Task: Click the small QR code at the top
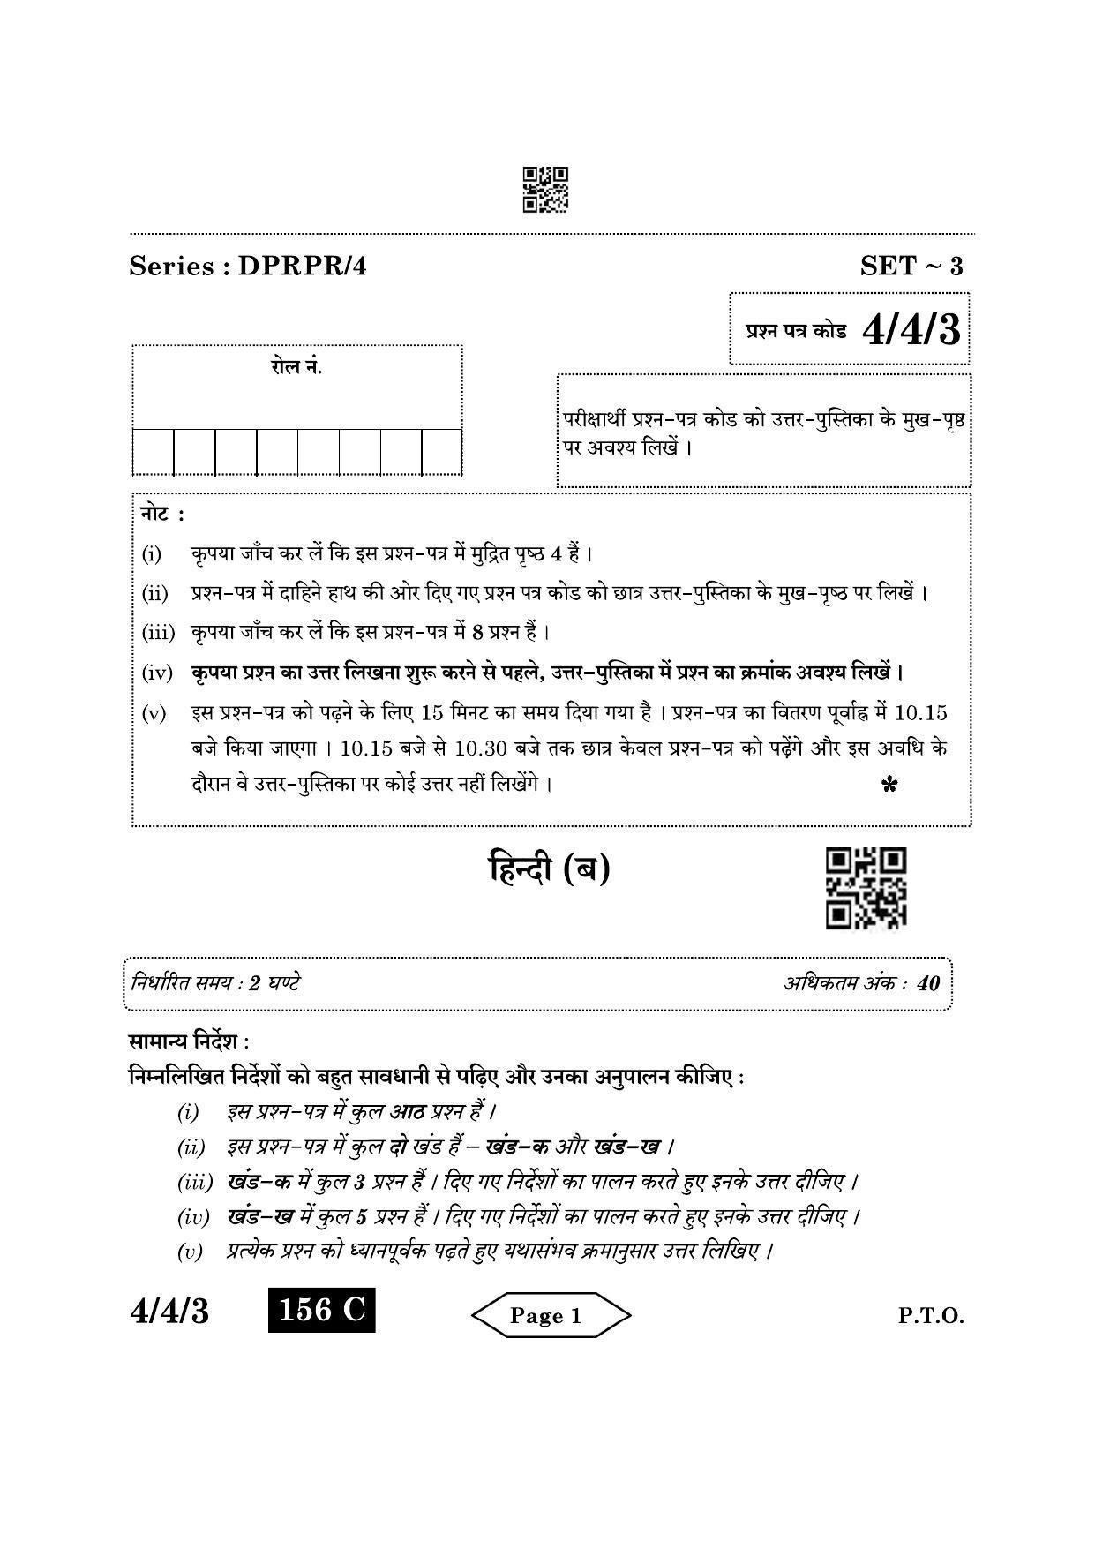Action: coord(544,189)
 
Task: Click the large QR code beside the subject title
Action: coord(866,888)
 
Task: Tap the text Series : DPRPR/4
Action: coord(247,266)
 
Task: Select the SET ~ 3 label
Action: coord(911,266)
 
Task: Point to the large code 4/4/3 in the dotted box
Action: coord(911,331)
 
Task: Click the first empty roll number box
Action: coord(154,452)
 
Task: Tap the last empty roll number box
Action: coord(441,452)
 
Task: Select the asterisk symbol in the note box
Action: coord(889,785)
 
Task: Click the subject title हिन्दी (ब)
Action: coord(550,869)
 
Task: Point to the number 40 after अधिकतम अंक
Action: coord(928,983)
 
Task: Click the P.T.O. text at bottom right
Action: coord(931,1316)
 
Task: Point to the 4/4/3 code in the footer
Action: coord(169,1312)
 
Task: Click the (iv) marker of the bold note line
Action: coord(156,673)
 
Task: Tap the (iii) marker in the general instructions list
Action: coord(194,1182)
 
